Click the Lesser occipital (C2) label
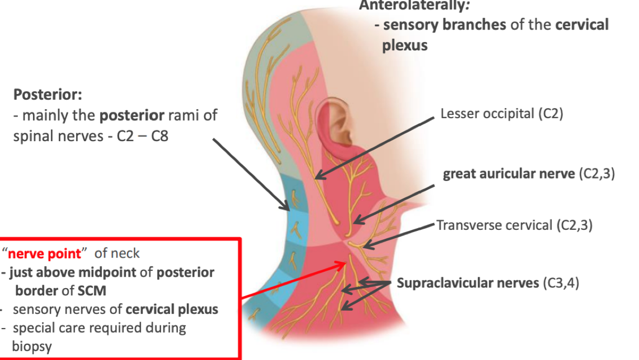502,114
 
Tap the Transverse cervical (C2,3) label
514,226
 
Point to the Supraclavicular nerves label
467,283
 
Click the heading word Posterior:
48,95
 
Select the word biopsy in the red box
31,346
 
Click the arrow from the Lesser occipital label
375,147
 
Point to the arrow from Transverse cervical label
399,234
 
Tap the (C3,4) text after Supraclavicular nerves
560,283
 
